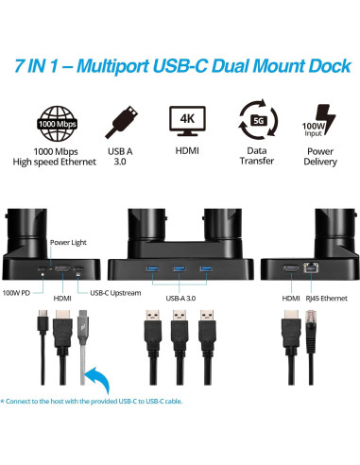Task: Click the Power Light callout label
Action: pos(68,242)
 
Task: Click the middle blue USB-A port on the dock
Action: pos(176,269)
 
